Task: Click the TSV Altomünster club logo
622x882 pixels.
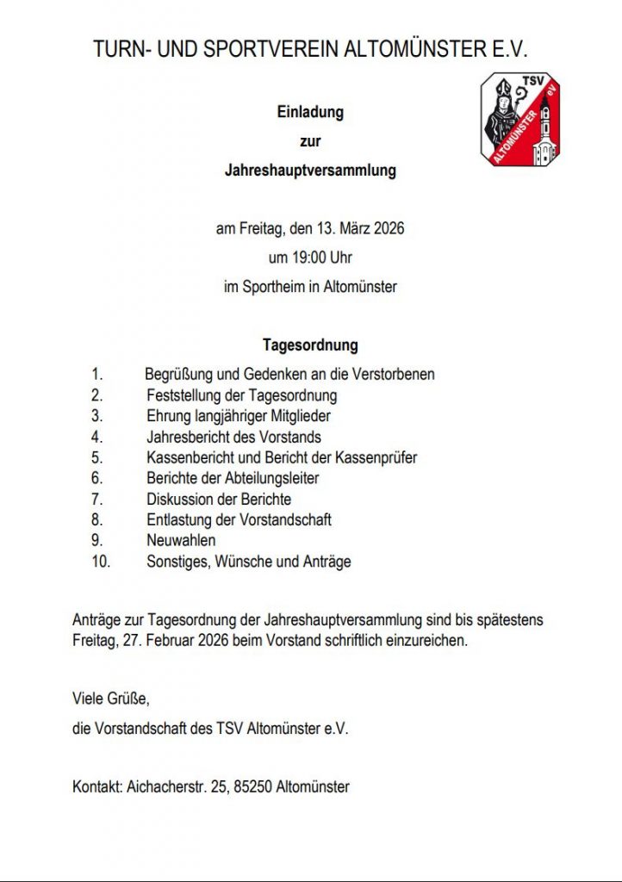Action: tap(519, 120)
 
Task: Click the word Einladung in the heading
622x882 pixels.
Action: tap(310, 112)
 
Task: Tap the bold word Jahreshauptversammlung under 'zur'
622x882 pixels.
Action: tap(310, 171)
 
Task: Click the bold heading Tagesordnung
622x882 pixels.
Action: tap(310, 346)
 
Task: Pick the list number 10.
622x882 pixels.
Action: tap(100, 562)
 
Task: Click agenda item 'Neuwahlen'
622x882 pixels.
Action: tap(181, 541)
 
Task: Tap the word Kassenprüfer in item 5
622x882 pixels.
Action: tap(375, 457)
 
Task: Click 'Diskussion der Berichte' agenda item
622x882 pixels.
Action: tap(219, 499)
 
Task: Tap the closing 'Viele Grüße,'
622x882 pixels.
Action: tap(111, 699)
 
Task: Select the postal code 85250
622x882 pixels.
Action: tap(252, 786)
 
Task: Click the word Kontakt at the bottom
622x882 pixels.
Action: tap(97, 786)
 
